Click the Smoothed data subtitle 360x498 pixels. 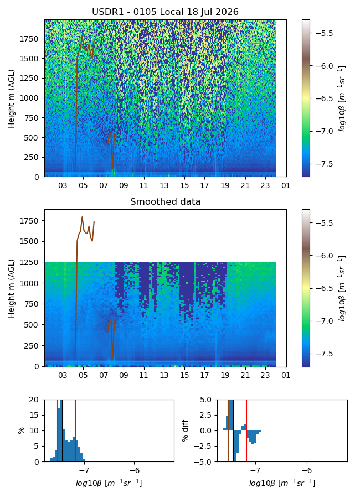pos(166,201)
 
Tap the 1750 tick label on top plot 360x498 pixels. pos(29,39)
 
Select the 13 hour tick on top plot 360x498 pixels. pos(164,185)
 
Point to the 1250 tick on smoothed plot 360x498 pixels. pos(29,262)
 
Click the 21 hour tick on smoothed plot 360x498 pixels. pos(245,375)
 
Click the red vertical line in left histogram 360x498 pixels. pos(75,430)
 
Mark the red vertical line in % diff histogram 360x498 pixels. pos(246,430)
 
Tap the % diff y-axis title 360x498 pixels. pos(185,430)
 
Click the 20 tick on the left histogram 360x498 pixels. pos(34,400)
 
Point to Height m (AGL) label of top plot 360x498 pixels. pos(12,99)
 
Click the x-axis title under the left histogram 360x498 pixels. pos(109,483)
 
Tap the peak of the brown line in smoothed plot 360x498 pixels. pos(82,217)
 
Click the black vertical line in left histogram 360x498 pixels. pos(63,430)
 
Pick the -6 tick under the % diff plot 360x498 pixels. pos(307,470)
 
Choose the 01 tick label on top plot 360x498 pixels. pos(286,185)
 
